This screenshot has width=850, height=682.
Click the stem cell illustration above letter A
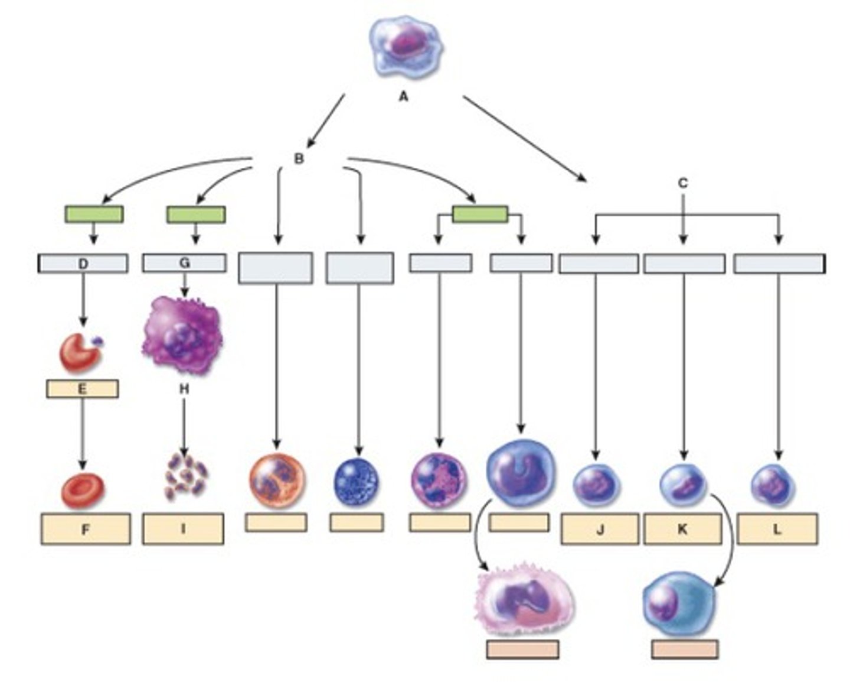click(406, 46)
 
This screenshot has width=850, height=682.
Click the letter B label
click(299, 158)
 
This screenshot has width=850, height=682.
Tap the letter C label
click(682, 183)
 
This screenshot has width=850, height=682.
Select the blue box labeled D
click(83, 263)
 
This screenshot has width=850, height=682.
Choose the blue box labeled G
click(184, 263)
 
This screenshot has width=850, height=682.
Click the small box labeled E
click(82, 388)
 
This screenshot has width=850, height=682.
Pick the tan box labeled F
click(86, 529)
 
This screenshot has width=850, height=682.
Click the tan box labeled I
click(183, 529)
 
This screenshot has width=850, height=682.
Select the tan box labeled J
click(600, 529)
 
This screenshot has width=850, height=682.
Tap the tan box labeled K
click(682, 529)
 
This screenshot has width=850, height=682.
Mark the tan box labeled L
click(777, 529)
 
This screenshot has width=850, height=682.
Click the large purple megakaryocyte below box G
click(182, 335)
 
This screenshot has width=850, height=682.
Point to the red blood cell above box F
click(83, 491)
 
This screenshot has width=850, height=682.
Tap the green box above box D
click(94, 214)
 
